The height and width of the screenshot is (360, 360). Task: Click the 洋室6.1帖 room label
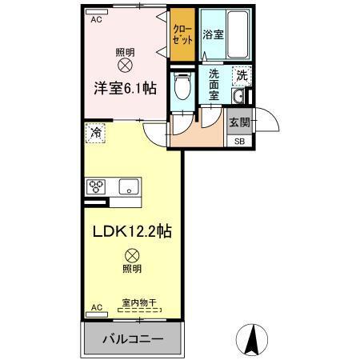(126, 89)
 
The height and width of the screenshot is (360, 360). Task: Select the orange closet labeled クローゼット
(183, 35)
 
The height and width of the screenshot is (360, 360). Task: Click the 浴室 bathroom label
(212, 35)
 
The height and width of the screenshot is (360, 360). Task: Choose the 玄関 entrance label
(240, 122)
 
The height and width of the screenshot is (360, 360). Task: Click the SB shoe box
(240, 142)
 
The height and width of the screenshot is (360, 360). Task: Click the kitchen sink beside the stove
(128, 187)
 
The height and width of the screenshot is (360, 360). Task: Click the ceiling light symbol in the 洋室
(126, 64)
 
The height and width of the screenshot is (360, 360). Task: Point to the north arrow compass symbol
(253, 341)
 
